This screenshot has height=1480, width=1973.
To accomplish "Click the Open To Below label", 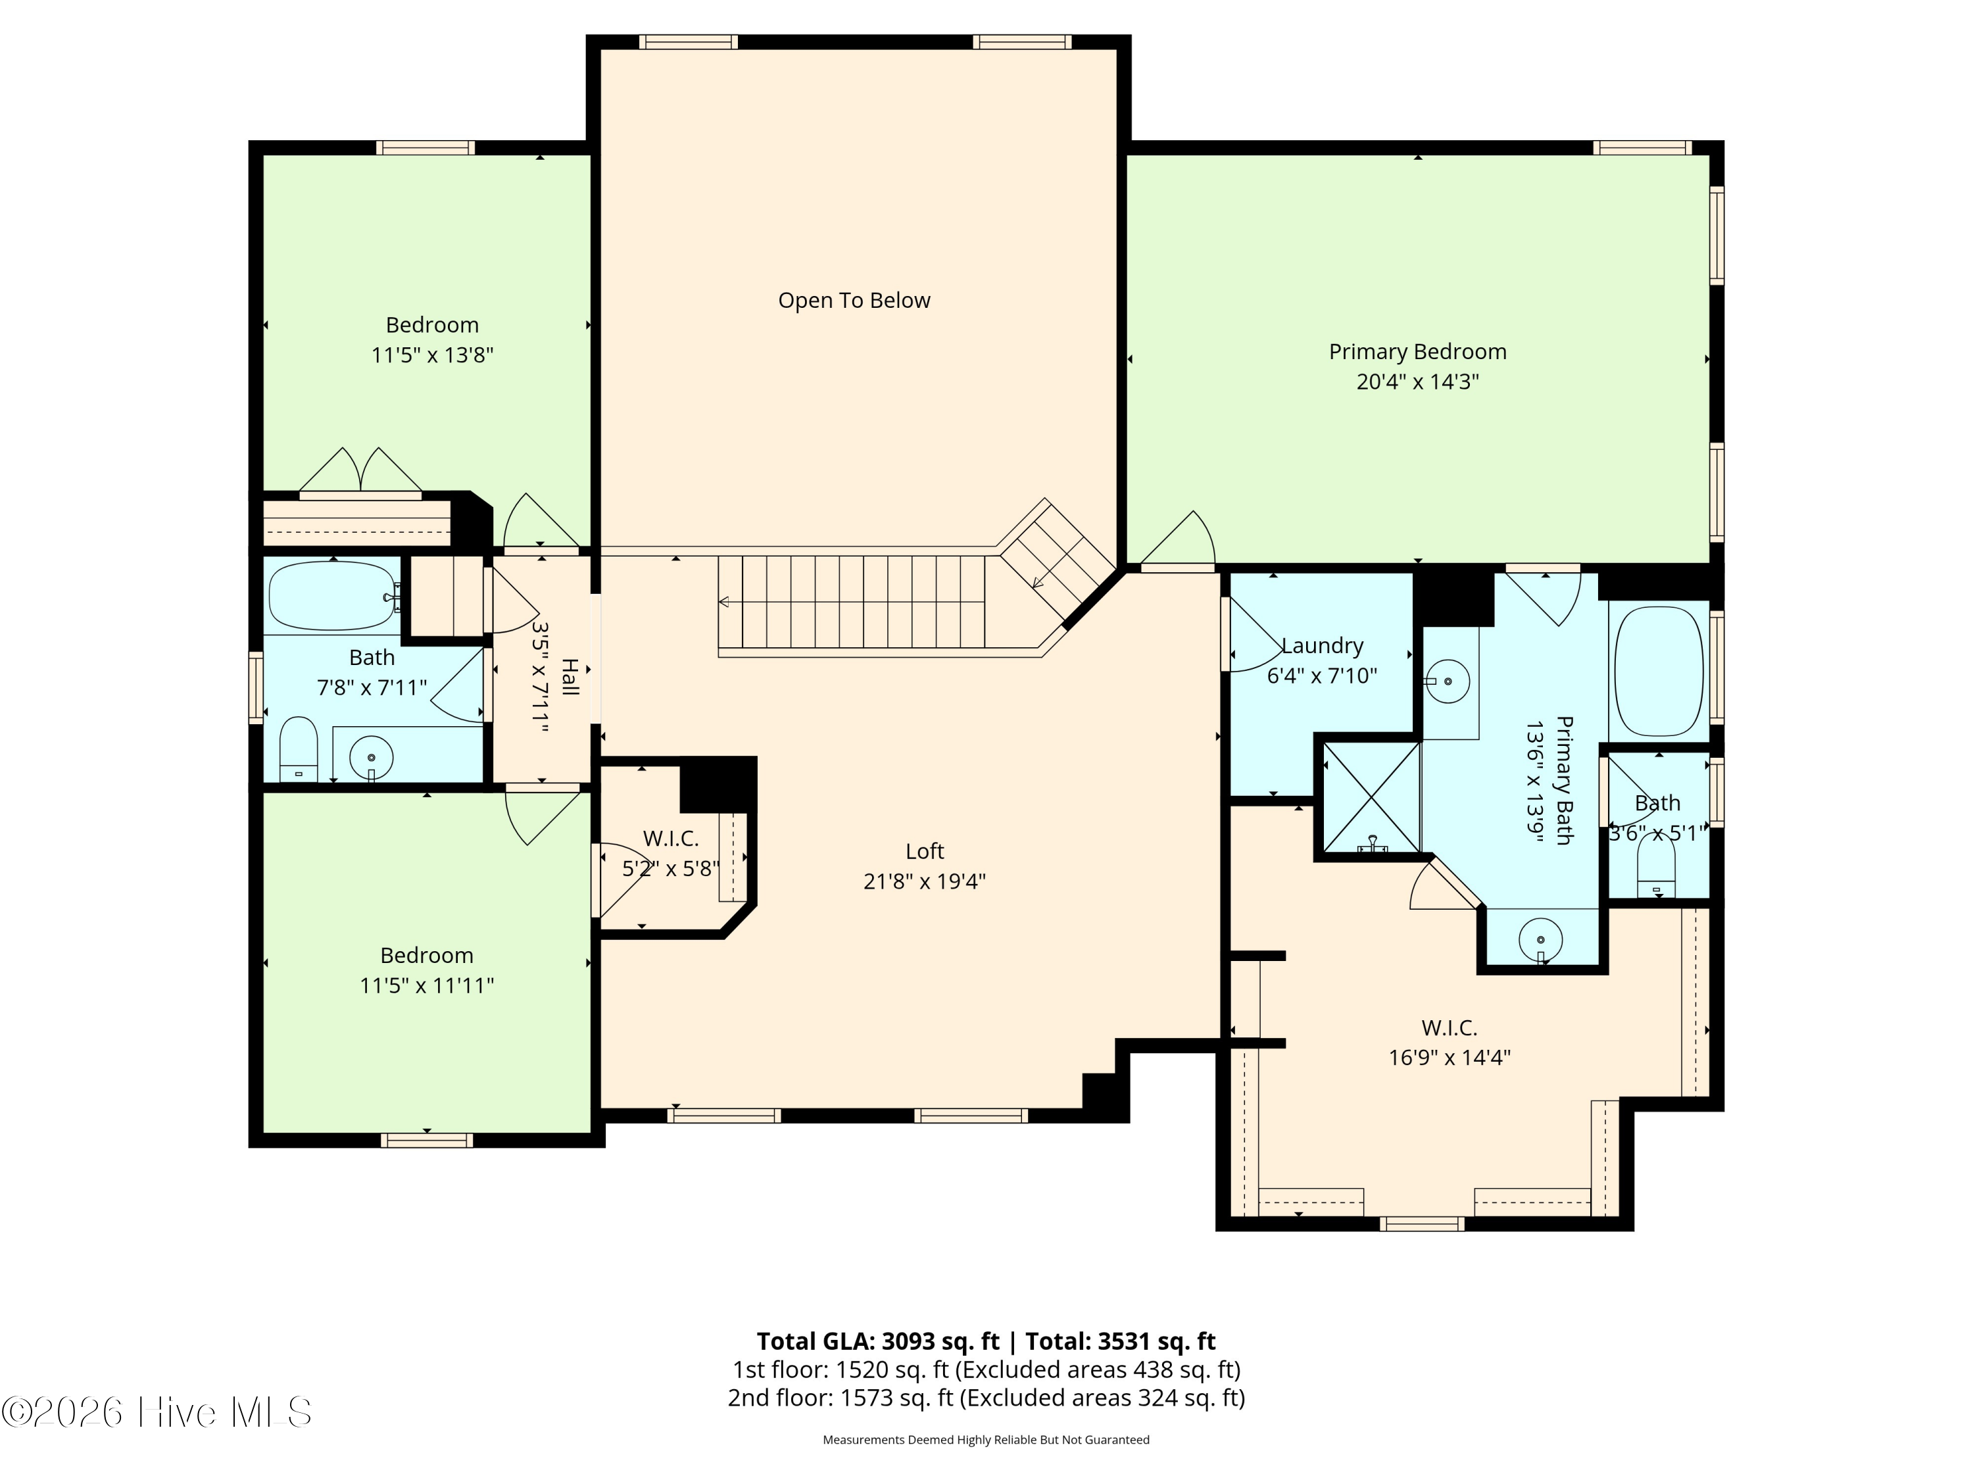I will [x=854, y=301].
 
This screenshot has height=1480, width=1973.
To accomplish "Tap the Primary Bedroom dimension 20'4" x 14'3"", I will [x=1417, y=382].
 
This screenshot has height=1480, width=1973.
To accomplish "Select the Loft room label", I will [x=924, y=851].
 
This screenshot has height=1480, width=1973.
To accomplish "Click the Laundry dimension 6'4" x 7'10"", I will [x=1322, y=676].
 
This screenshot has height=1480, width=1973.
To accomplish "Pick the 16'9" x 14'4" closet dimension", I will [x=1449, y=1057].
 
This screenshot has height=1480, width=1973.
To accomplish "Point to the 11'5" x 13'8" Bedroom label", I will [x=431, y=325].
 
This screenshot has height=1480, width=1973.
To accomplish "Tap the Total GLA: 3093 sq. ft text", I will [x=879, y=1341].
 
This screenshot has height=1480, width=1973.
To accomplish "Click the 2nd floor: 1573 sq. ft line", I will [x=986, y=1397].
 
